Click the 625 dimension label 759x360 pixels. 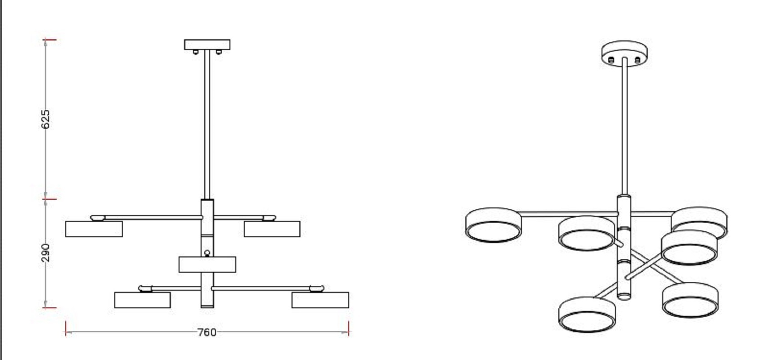(x=45, y=119)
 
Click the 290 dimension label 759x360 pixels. (x=45, y=252)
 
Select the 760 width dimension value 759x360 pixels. (x=207, y=333)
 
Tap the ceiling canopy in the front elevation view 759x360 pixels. (x=207, y=45)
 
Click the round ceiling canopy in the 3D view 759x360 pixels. (x=624, y=54)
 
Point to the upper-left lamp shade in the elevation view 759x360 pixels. (x=94, y=229)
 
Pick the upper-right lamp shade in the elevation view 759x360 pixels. (x=272, y=229)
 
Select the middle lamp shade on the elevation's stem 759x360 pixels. (x=207, y=265)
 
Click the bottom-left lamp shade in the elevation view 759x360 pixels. (x=142, y=300)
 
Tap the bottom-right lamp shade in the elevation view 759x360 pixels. (x=320, y=300)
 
